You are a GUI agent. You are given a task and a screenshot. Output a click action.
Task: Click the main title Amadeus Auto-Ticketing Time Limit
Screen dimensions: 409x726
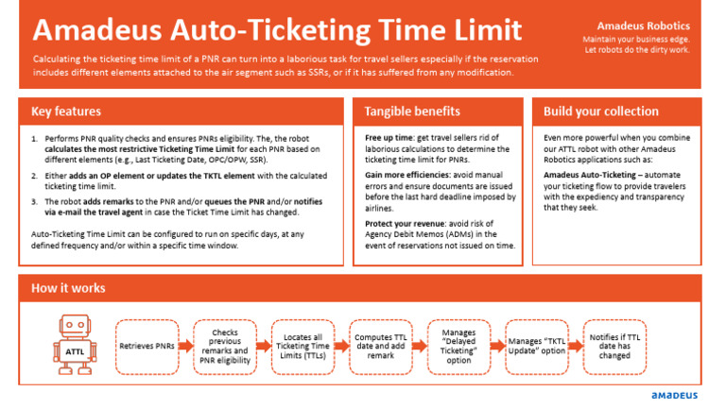click(x=276, y=29)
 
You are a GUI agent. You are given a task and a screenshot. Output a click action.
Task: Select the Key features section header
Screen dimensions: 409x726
click(x=66, y=111)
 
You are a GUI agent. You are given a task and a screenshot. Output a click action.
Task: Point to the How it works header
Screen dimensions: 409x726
click(x=68, y=288)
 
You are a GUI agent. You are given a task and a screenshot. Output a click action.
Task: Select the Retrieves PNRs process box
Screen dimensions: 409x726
click(x=147, y=346)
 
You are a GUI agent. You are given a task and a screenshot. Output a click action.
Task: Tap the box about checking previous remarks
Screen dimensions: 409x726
click(x=225, y=346)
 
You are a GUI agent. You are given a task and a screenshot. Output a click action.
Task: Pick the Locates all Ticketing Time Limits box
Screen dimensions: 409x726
click(x=302, y=346)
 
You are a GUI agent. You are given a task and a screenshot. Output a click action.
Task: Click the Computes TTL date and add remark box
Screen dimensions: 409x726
click(x=381, y=346)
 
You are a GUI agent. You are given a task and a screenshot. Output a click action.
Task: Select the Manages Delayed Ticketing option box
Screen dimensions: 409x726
click(x=458, y=346)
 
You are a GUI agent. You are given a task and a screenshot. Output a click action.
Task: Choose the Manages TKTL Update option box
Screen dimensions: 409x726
click(x=537, y=346)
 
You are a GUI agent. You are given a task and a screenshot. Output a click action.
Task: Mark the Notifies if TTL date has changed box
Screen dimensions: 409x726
click(x=614, y=346)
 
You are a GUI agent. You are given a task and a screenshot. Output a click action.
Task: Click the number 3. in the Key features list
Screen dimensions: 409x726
click(x=35, y=201)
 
